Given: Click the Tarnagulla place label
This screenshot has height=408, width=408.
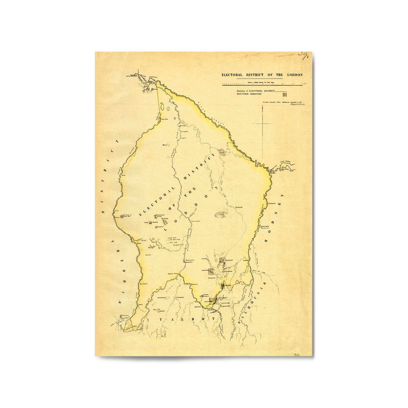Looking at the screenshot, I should [189, 260].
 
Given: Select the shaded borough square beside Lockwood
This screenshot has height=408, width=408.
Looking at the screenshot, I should [211, 271].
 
